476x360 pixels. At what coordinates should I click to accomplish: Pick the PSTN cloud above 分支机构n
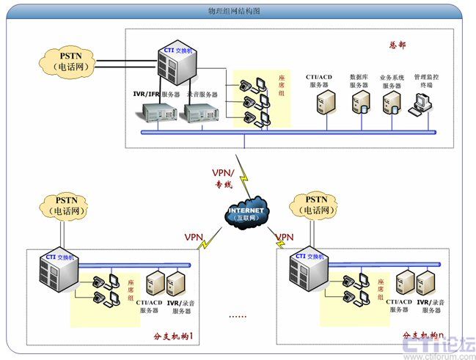pyautogui.click(x=315, y=204)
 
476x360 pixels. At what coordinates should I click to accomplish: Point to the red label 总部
pyautogui.click(x=397, y=45)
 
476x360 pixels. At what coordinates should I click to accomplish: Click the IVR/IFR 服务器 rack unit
pyautogui.click(x=160, y=112)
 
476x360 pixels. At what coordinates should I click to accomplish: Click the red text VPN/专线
pyautogui.click(x=222, y=177)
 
